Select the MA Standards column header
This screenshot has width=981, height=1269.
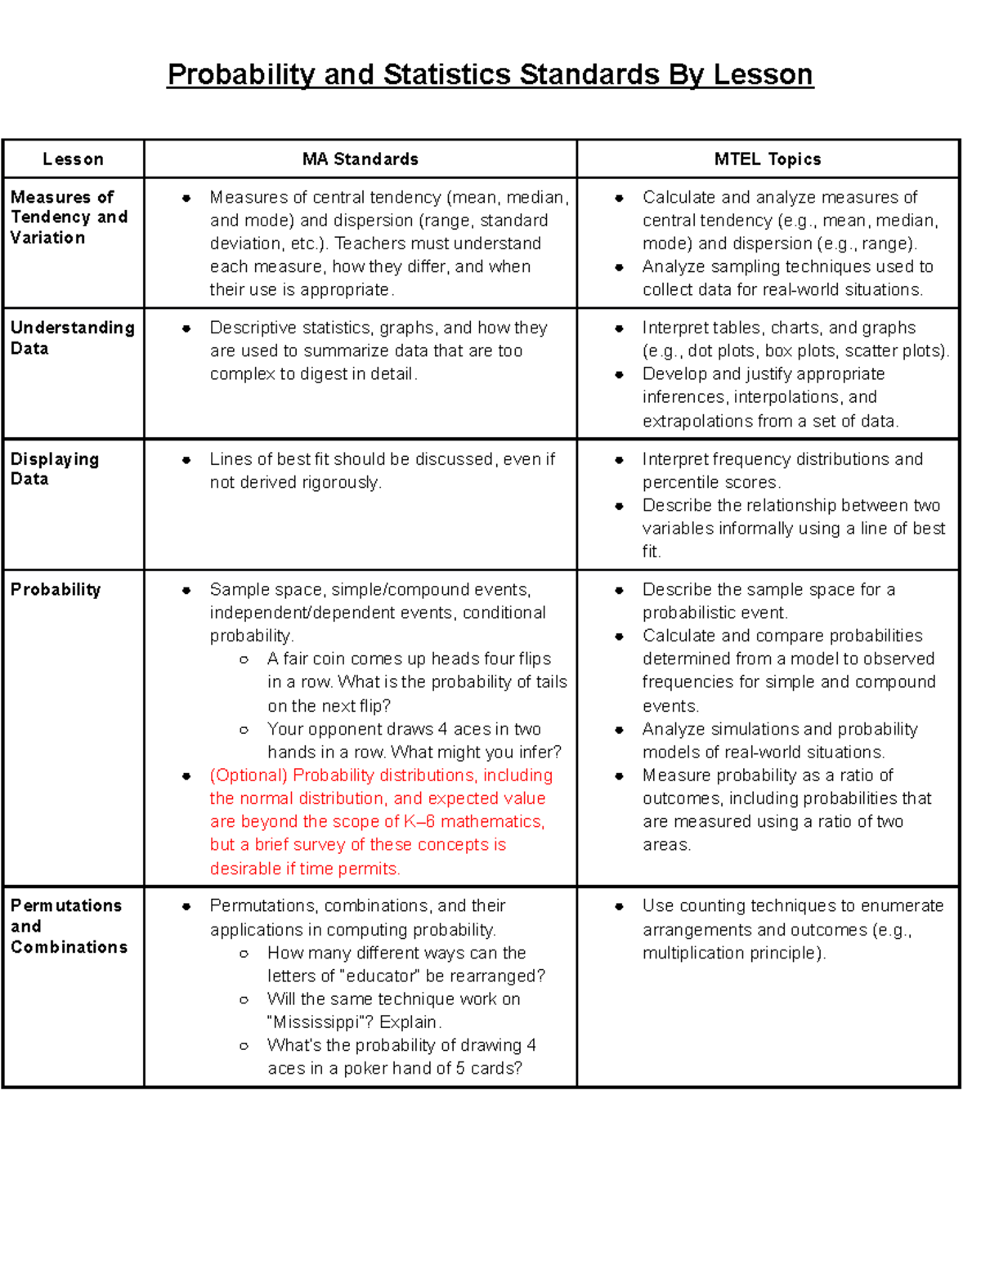(x=361, y=159)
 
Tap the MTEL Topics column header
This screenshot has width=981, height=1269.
(x=768, y=159)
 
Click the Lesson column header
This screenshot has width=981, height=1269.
(x=74, y=159)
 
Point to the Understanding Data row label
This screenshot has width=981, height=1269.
(x=72, y=337)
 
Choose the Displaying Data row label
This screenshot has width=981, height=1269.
(x=54, y=469)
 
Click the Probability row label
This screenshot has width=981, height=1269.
(x=56, y=589)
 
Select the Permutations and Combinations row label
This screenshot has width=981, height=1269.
(x=69, y=926)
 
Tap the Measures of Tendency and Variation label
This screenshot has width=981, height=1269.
(x=69, y=217)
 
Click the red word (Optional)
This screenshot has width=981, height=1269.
(x=249, y=775)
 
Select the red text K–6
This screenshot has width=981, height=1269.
(x=419, y=821)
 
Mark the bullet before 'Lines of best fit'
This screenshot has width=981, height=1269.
(x=186, y=460)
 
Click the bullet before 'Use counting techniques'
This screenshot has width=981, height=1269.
(x=620, y=906)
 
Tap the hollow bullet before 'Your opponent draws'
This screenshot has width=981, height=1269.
(x=244, y=730)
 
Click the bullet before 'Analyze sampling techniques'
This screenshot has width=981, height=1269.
(x=620, y=267)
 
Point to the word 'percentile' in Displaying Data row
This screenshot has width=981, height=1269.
(x=679, y=482)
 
